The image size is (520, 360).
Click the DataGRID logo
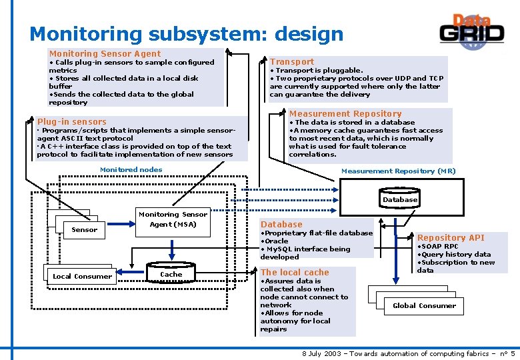click(472, 30)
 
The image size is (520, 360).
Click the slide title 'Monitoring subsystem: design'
click(186, 33)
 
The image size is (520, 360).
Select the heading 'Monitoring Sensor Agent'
click(105, 53)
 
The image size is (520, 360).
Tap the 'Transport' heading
click(292, 61)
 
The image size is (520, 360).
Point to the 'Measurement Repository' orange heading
click(345, 113)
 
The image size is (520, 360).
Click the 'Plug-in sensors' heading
click(72, 121)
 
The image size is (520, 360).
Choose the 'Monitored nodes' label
click(131, 169)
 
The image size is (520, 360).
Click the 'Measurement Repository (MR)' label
click(399, 171)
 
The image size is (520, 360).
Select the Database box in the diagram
click(400, 199)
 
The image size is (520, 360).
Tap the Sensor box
click(84, 229)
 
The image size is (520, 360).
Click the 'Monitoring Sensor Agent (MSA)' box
click(173, 219)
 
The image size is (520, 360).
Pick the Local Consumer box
click(82, 276)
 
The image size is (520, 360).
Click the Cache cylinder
click(171, 274)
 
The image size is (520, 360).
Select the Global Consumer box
click(424, 305)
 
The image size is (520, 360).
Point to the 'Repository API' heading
click(451, 237)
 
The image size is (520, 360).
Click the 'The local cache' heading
click(295, 272)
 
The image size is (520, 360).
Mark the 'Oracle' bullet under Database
click(276, 241)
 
